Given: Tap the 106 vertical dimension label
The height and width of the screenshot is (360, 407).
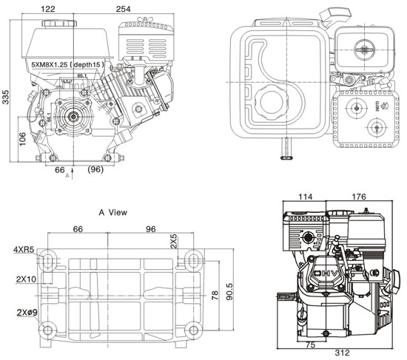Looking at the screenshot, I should [x=23, y=139].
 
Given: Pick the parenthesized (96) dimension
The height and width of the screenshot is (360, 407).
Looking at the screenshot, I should [x=95, y=170].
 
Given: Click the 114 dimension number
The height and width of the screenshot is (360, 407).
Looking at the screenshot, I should [x=305, y=197].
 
